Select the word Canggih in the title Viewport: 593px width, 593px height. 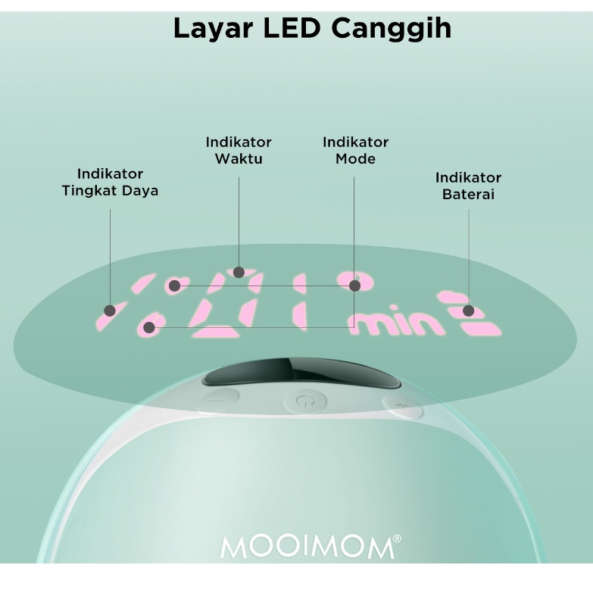coord(392,30)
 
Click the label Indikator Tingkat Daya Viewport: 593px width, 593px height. coord(110,183)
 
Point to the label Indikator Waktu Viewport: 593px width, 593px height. coord(239,150)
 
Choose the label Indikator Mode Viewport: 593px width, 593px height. coord(355,150)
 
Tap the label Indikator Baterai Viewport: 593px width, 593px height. coord(468,186)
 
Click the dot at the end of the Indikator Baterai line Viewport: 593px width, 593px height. coord(469,311)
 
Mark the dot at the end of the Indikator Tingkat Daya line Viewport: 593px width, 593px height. coord(110,311)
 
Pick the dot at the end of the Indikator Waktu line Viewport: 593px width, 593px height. coord(239,273)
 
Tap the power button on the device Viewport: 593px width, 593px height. coord(304,399)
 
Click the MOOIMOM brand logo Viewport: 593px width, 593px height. coord(307,548)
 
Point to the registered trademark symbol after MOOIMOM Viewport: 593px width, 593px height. coord(397,539)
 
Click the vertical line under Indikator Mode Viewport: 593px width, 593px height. coord(354,227)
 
